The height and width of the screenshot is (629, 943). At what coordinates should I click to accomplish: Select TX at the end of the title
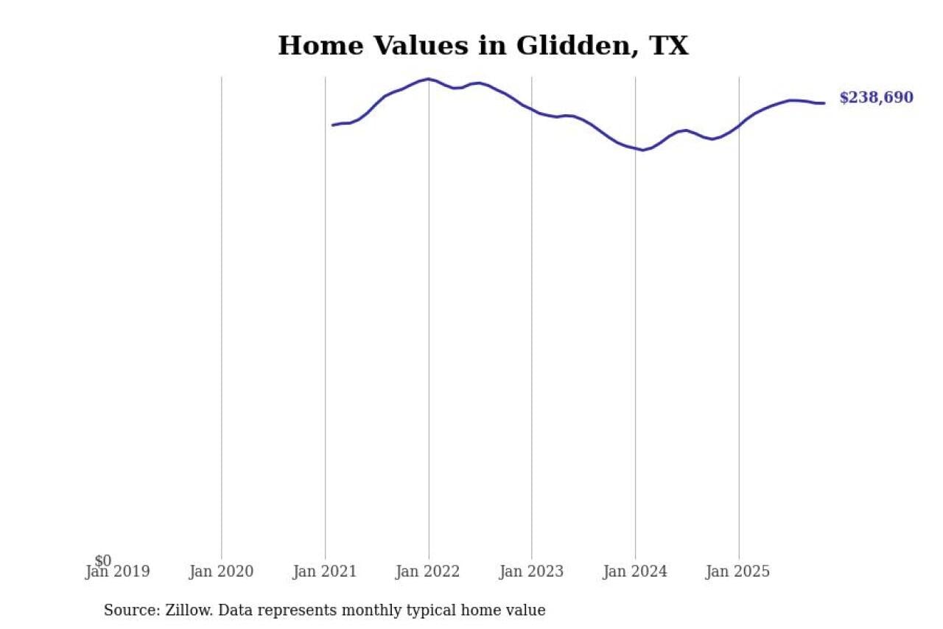tap(668, 46)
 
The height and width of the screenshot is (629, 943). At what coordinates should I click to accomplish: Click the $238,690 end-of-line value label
tap(876, 98)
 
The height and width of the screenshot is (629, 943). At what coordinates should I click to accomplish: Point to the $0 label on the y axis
tap(103, 561)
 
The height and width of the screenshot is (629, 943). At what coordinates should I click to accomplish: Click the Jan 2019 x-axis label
tap(118, 571)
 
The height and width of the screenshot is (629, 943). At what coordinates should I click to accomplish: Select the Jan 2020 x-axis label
tap(221, 571)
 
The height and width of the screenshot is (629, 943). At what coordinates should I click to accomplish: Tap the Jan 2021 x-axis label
tap(325, 571)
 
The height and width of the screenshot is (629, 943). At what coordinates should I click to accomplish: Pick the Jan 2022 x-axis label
tap(428, 571)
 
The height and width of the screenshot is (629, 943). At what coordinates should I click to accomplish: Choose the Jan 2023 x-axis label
tap(532, 571)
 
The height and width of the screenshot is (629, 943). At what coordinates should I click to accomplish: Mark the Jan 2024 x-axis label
tap(635, 571)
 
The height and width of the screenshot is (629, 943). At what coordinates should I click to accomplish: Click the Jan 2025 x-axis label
tap(739, 571)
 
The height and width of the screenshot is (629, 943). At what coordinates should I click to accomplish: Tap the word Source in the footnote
tap(127, 611)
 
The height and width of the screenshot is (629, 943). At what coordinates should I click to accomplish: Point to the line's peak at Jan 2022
tap(429, 79)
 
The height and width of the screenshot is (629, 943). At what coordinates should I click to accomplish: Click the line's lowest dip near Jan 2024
tap(642, 150)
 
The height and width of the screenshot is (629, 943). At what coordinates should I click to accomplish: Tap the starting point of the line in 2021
tap(333, 125)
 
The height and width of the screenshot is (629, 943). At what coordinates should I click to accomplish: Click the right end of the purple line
tap(824, 103)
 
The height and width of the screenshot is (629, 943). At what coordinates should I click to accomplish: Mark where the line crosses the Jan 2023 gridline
tap(532, 110)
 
